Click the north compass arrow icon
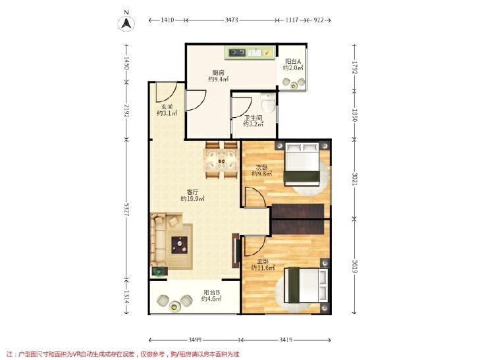pyautogui.click(x=126, y=24)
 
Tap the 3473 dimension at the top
pyautogui.click(x=231, y=20)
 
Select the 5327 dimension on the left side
pyautogui.click(x=126, y=209)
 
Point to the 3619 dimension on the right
pyautogui.click(x=354, y=267)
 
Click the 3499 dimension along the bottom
pyautogui.click(x=195, y=340)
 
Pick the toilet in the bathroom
pyautogui.click(x=268, y=102)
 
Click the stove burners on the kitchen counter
pyautogui.click(x=238, y=53)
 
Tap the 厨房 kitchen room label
pyautogui.click(x=218, y=73)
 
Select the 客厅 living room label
pyautogui.click(x=192, y=192)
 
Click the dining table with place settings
pyautogui.click(x=221, y=160)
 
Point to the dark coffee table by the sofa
pyautogui.click(x=180, y=245)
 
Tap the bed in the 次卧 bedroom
pyautogui.click(x=302, y=164)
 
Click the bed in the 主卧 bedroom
pyautogui.click(x=306, y=285)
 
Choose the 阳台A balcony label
pyautogui.click(x=293, y=61)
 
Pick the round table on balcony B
pyautogui.click(x=174, y=306)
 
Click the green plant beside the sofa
pyautogui.click(x=158, y=271)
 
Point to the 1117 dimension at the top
pyautogui.click(x=292, y=20)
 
